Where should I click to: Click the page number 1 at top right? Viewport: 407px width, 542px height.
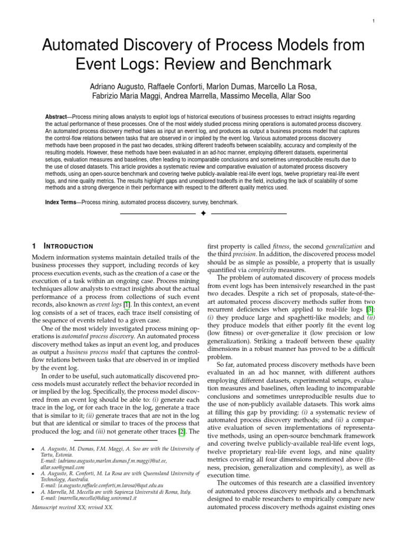[374, 21]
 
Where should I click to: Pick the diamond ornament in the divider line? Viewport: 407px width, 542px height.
[203, 214]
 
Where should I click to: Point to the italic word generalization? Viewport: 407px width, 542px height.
[343, 246]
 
